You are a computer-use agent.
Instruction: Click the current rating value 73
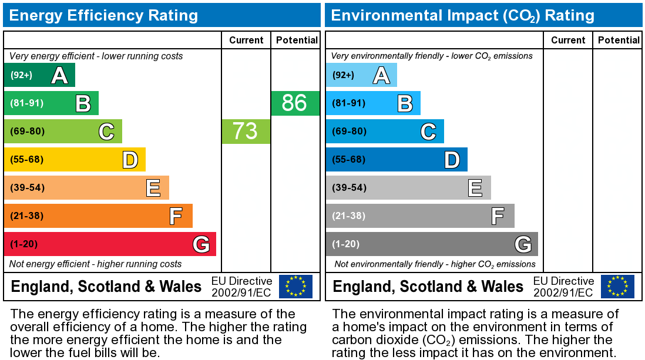[x=245, y=131]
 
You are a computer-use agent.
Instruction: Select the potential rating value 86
[x=294, y=103]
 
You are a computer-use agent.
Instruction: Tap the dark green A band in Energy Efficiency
[x=39, y=75]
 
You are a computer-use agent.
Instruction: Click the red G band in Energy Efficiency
[x=110, y=244]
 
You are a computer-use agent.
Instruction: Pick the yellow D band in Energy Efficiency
[x=75, y=159]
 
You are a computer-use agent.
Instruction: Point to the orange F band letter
[x=175, y=216]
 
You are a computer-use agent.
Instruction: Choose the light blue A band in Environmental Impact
[x=361, y=75]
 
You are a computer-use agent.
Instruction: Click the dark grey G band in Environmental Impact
[x=432, y=244]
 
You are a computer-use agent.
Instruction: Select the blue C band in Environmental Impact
[x=385, y=131]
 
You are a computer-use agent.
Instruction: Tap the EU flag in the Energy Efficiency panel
[x=295, y=286]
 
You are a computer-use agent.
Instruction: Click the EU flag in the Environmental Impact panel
[x=617, y=286]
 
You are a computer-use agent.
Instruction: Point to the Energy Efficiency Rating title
[x=103, y=15]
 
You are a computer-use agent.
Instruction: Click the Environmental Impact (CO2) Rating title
[x=462, y=15]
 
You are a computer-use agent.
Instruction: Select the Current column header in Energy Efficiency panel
[x=246, y=40]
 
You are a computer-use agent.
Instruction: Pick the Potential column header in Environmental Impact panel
[x=619, y=40]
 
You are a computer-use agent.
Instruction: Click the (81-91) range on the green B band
[x=26, y=103]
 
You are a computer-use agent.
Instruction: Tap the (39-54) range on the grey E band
[x=348, y=188]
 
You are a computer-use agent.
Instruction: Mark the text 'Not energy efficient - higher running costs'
[x=96, y=264]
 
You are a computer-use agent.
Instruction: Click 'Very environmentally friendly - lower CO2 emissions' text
[x=432, y=56]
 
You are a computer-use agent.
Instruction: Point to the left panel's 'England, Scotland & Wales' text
[x=106, y=287]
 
